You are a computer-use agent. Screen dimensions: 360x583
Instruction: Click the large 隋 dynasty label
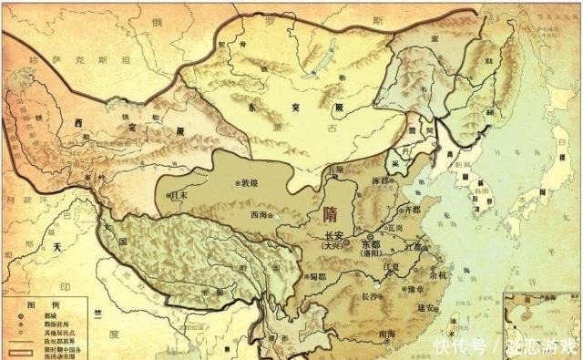329,215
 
